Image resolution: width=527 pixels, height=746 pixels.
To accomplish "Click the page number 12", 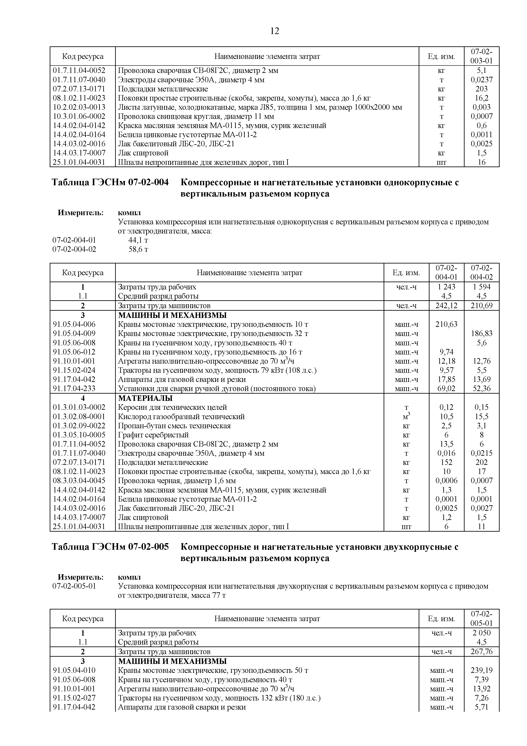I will (274, 31).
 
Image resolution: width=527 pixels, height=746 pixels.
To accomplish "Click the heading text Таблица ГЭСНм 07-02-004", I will (110, 183).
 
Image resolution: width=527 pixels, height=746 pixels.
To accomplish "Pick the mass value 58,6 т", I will (138, 249).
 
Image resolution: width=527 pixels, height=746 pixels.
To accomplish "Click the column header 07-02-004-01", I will (446, 273).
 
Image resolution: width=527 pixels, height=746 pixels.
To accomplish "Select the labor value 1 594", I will (482, 287).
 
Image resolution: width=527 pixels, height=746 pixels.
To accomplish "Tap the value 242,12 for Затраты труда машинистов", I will (446, 305).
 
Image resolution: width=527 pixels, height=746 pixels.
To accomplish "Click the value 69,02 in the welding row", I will (446, 389).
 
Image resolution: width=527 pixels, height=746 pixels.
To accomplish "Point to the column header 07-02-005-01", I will (482, 619).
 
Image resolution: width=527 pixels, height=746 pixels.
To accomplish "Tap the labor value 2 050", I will (482, 633).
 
